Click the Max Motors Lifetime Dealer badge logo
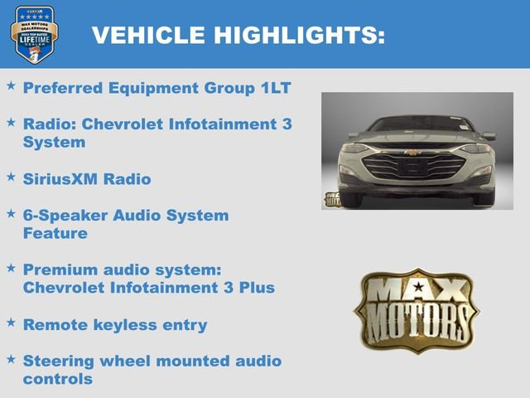[x=33, y=34]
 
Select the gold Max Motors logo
[x=417, y=308]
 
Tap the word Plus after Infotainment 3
[x=256, y=288]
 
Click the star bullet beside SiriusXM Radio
[x=11, y=177]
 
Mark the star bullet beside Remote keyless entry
[x=11, y=323]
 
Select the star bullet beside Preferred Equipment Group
[x=11, y=85]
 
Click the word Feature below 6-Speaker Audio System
[x=55, y=233]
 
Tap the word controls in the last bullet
[x=57, y=379]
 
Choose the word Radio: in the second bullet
[x=50, y=124]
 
